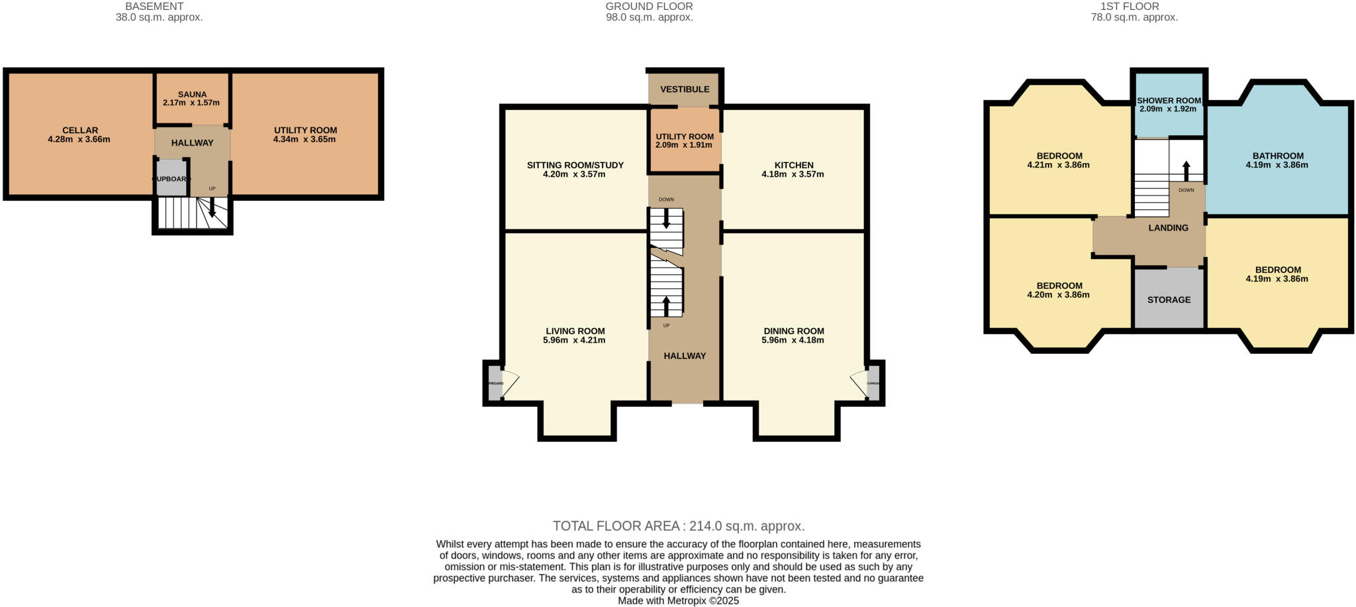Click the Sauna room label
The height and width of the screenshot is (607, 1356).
coord(192,95)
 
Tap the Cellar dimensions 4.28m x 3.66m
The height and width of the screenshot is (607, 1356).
coord(79,140)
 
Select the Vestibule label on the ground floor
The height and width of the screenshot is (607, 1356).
coord(685,89)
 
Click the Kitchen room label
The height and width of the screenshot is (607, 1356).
coord(793,165)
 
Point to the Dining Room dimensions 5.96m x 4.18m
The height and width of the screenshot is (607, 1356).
coord(793,341)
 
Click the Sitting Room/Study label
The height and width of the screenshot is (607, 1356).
coord(575,165)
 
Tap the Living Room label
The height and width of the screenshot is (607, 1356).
coord(575,331)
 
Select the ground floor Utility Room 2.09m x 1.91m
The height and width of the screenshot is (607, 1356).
coord(685,141)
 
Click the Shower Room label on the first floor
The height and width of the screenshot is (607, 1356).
coord(1169,101)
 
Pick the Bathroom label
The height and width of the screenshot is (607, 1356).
coord(1277,156)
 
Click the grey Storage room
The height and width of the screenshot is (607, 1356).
coord(1169,300)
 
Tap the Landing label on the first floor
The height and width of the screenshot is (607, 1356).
coord(1168,228)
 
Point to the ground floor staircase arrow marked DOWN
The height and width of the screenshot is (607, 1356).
coord(666,220)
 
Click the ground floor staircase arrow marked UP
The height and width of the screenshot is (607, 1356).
coord(666,305)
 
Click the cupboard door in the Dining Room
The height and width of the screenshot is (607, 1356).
coord(858,384)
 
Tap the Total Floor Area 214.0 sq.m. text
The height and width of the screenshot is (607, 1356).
coord(678,526)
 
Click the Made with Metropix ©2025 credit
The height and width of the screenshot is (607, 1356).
coord(678,601)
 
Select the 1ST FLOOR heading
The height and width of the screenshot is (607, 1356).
coord(1134,7)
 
